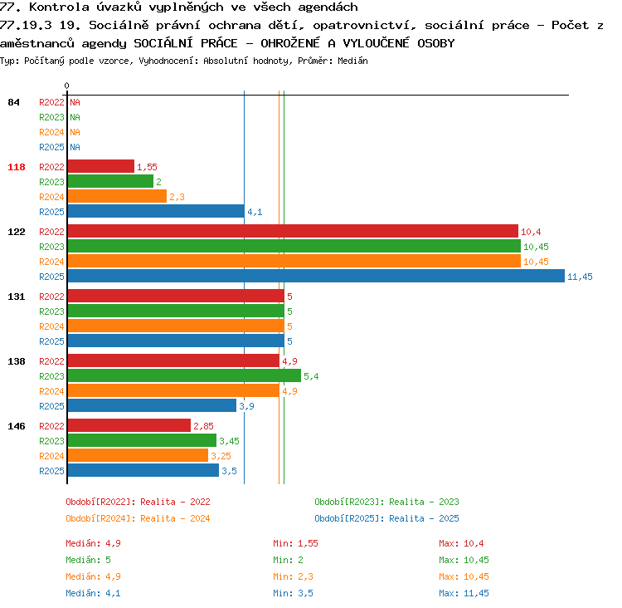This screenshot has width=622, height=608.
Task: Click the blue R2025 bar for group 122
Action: click(x=316, y=276)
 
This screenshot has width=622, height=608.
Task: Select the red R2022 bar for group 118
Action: click(x=101, y=166)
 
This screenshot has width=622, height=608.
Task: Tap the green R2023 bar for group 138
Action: click(x=184, y=375)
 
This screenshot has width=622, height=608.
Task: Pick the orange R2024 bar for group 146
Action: click(x=138, y=455)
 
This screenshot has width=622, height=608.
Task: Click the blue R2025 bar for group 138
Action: click(x=152, y=405)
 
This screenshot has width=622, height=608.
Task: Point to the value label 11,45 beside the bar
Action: click(x=580, y=277)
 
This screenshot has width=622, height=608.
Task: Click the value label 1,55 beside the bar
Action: click(x=147, y=167)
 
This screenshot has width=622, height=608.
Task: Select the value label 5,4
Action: click(x=311, y=376)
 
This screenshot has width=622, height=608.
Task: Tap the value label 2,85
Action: click(x=203, y=426)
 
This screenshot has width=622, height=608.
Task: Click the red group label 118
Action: click(x=17, y=167)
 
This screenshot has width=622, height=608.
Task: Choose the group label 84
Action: click(x=13, y=102)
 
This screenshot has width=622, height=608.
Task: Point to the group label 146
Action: click(x=17, y=426)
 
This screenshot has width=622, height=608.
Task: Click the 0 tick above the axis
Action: click(x=66, y=86)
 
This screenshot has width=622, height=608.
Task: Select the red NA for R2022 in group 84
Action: click(x=75, y=102)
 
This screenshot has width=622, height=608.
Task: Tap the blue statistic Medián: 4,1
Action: click(x=93, y=593)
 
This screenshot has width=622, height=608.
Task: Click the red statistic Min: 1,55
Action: click(x=295, y=543)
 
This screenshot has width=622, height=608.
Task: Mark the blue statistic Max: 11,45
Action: click(x=464, y=593)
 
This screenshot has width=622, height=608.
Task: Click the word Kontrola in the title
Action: click(x=59, y=7)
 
